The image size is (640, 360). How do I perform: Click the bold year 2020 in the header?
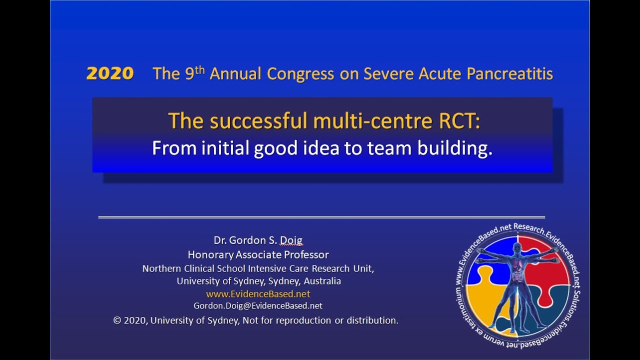[x=110, y=74]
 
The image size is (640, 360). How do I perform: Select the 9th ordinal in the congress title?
[x=195, y=73]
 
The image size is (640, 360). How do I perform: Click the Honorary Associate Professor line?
[x=258, y=254]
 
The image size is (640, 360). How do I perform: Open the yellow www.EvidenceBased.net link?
[x=258, y=294]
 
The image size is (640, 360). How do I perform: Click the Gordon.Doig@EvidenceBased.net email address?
[x=258, y=305]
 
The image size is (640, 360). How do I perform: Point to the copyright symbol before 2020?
[x=117, y=320]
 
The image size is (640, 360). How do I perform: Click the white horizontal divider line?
[x=321, y=217]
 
